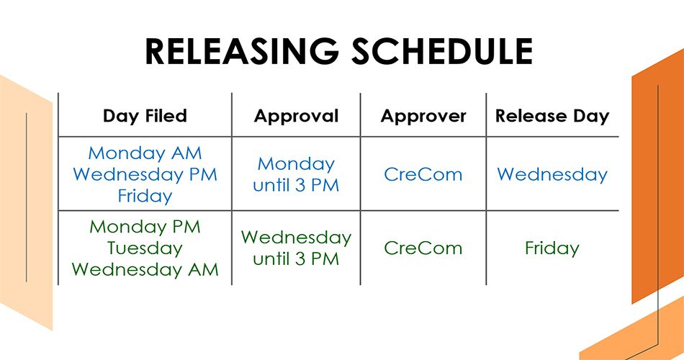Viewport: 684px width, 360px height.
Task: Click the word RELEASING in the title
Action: pyautogui.click(x=242, y=51)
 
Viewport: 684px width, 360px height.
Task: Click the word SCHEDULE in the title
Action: pyautogui.click(x=442, y=51)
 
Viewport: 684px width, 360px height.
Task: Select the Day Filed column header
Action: pyautogui.click(x=145, y=116)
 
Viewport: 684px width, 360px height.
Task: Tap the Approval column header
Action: pyautogui.click(x=296, y=116)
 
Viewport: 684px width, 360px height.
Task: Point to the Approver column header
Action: pyautogui.click(x=423, y=116)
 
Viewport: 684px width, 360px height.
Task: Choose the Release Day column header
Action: pyautogui.click(x=552, y=116)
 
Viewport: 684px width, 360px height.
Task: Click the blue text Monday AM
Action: pyautogui.click(x=145, y=153)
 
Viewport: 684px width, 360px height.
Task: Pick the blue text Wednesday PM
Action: pyautogui.click(x=145, y=174)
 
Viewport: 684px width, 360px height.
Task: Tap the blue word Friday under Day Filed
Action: pyautogui.click(x=145, y=196)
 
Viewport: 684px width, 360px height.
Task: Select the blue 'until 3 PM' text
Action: pyautogui.click(x=296, y=186)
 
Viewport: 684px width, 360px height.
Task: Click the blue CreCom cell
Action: pyautogui.click(x=423, y=174)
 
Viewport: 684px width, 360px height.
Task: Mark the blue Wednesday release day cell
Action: pyautogui.click(x=552, y=174)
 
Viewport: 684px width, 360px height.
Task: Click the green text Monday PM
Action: pyautogui.click(x=145, y=227)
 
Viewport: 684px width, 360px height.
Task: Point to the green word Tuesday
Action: pyautogui.click(x=145, y=248)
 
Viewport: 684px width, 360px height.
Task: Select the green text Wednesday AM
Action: pyautogui.click(x=145, y=269)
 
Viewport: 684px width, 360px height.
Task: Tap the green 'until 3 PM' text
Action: pyautogui.click(x=296, y=259)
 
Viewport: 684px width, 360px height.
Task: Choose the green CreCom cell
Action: pyautogui.click(x=423, y=248)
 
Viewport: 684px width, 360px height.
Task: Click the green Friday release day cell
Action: pyautogui.click(x=552, y=248)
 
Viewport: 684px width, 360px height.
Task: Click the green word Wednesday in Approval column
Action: pyautogui.click(x=296, y=238)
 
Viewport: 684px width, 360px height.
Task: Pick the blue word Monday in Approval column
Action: pyautogui.click(x=296, y=164)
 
